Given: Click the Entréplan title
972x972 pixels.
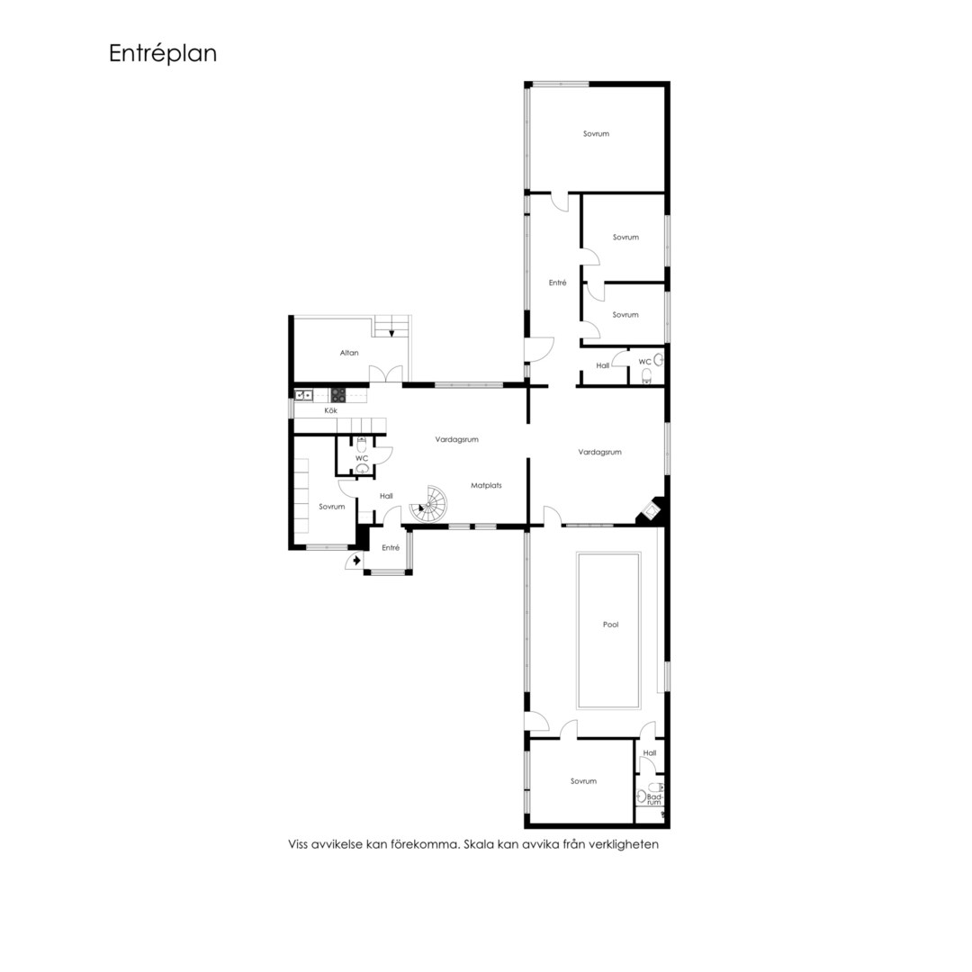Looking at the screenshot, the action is pos(163,53).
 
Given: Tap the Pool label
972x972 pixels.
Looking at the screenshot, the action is pos(610,625).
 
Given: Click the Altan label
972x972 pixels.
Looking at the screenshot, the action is pos(349,353).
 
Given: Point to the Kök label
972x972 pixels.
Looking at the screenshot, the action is pos(331,410).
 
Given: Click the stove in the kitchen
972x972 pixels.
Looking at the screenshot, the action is pos(337,395).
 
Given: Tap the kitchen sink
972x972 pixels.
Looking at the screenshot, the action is pos(303,394).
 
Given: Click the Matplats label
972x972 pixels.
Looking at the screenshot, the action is pos(486,485).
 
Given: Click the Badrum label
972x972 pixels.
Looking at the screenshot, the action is pos(654,799).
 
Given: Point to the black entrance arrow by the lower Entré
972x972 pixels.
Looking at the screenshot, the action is pos(356,561).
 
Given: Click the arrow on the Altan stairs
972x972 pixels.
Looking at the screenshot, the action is pos(391,332).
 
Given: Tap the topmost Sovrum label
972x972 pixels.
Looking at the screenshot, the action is pos(596,134).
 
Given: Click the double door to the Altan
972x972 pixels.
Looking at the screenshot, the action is pos(385,373).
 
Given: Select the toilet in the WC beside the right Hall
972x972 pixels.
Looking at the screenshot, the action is pos(646,375).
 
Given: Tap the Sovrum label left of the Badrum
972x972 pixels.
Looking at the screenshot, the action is pos(583,781).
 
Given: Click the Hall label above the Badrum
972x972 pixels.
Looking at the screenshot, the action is pos(650,753).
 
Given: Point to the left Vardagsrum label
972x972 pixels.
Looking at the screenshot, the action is pos(457,439).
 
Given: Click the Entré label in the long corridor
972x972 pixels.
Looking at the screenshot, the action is pos(557,283).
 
